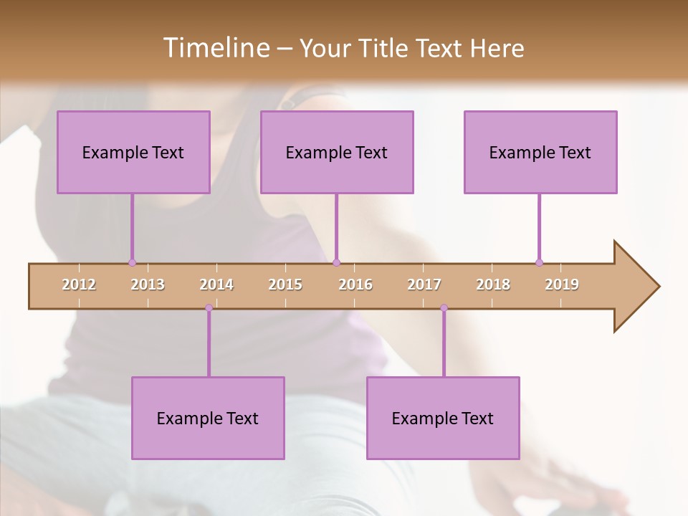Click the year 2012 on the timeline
pyautogui.click(x=79, y=285)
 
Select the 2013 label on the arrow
pyautogui.click(x=148, y=285)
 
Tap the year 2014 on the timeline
pyautogui.click(x=216, y=285)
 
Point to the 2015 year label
pyautogui.click(x=285, y=285)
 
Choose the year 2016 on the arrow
pyautogui.click(x=355, y=285)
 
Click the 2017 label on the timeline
pyautogui.click(x=424, y=285)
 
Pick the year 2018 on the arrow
pyautogui.click(x=493, y=285)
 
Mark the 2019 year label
pyautogui.click(x=562, y=285)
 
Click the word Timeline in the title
pyautogui.click(x=215, y=48)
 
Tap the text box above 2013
pyautogui.click(x=133, y=152)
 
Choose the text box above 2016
pyautogui.click(x=337, y=152)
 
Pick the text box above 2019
pyautogui.click(x=540, y=152)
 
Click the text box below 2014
pyautogui.click(x=208, y=418)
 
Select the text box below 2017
pyautogui.click(x=443, y=418)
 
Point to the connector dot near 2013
pyautogui.click(x=132, y=262)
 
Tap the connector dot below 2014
pyautogui.click(x=209, y=308)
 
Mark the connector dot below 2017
pyautogui.click(x=444, y=308)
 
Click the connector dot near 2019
pyautogui.click(x=539, y=262)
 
